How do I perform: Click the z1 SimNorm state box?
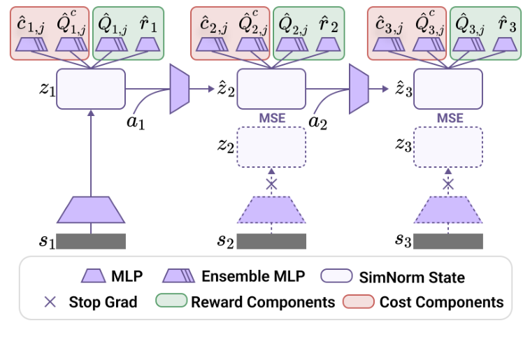(x=90, y=89)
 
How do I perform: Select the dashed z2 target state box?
(x=272, y=146)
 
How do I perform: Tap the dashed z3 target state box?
(x=448, y=146)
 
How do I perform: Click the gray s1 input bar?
(x=91, y=242)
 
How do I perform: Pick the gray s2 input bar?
(x=272, y=242)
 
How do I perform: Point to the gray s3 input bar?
(x=448, y=242)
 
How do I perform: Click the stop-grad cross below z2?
(x=272, y=184)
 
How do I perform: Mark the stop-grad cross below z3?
(x=448, y=184)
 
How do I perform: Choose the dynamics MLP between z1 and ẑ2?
(x=180, y=89)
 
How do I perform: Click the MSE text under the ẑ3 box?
(x=448, y=118)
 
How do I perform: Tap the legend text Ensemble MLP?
(x=253, y=276)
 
